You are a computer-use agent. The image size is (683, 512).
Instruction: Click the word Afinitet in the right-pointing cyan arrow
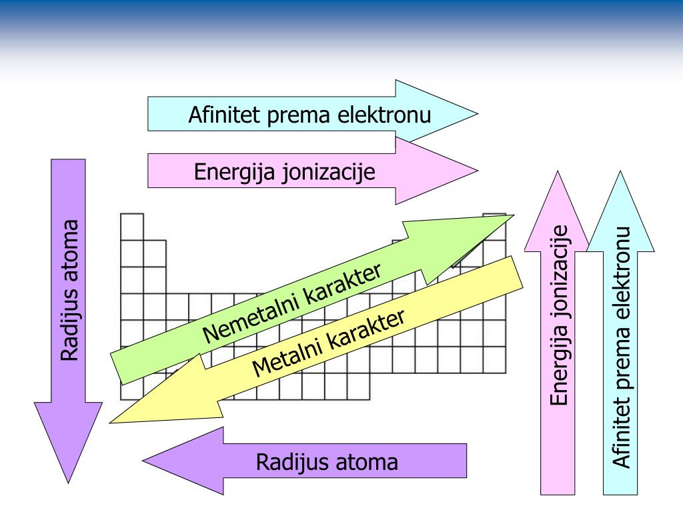[x=225, y=114]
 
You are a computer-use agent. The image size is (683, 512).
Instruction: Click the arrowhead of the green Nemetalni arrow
[x=490, y=227]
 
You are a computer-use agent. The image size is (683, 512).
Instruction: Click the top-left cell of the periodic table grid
[x=132, y=225]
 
